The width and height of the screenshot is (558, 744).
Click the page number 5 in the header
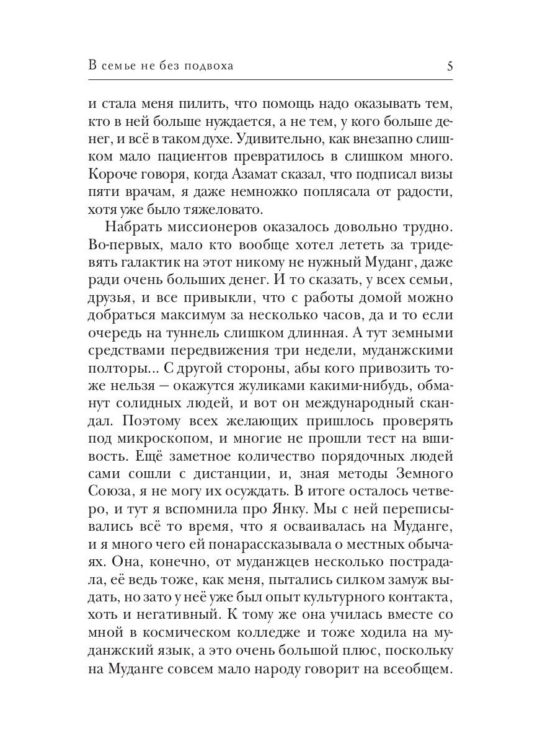449,66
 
